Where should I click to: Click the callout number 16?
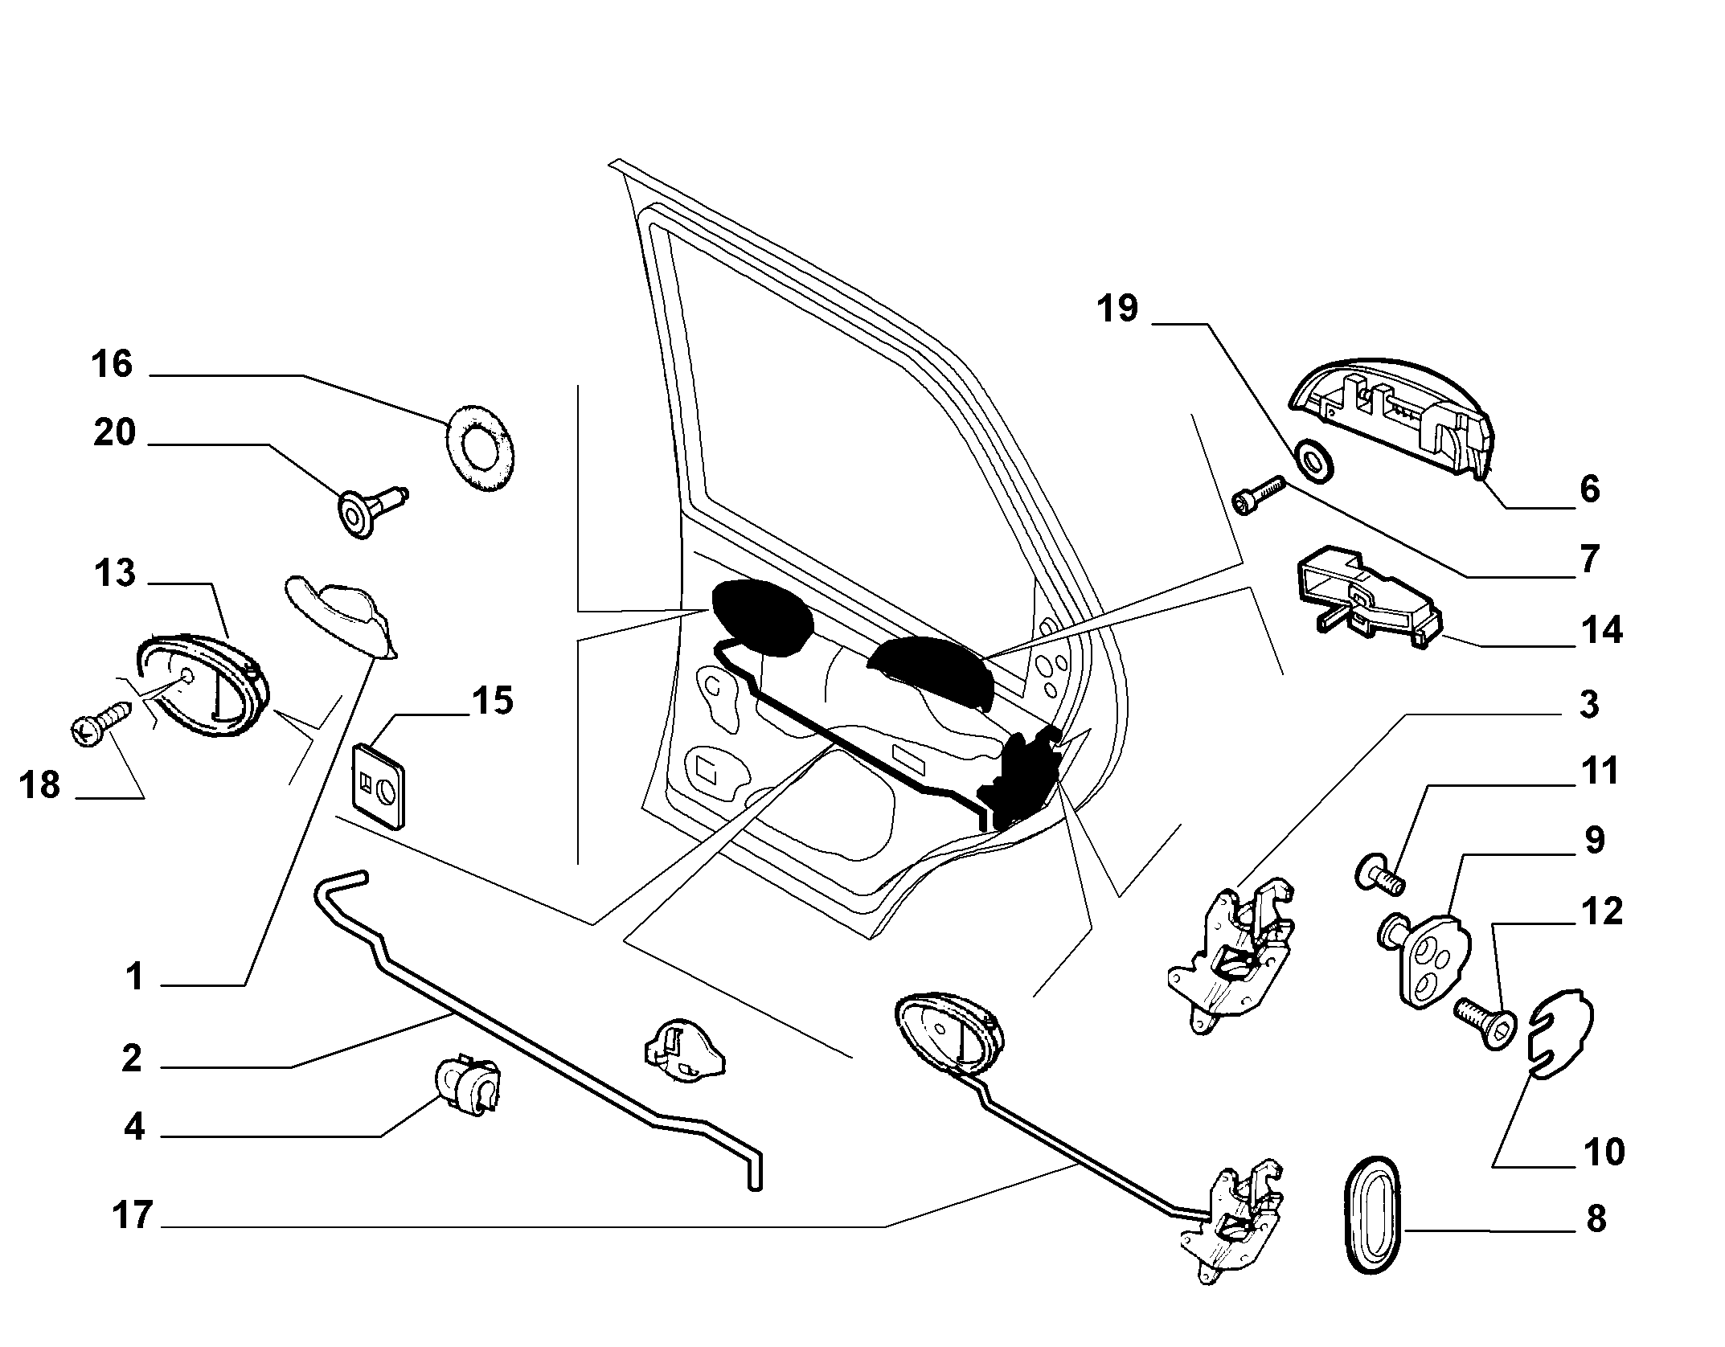tap(112, 364)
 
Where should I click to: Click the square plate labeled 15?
tap(379, 784)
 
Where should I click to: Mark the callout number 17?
tap(132, 1214)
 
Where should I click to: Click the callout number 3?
tap(1589, 704)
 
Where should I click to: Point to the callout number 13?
tap(114, 575)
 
